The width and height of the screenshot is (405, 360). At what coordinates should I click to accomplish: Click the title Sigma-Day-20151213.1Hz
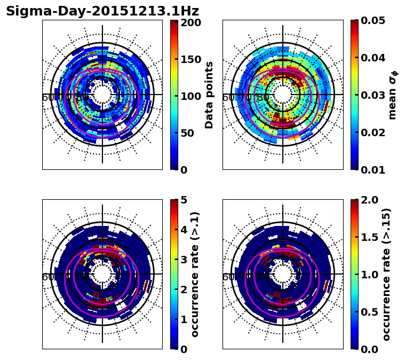point(102,11)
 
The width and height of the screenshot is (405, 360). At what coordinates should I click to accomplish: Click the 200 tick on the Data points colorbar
point(190,22)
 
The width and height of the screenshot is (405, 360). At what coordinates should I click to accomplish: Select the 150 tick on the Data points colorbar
point(190,59)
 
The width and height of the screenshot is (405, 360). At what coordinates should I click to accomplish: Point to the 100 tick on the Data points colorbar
point(190,96)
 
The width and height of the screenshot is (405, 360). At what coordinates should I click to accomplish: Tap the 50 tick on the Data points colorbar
point(187,133)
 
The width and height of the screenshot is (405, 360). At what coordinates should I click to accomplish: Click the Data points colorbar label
point(209,95)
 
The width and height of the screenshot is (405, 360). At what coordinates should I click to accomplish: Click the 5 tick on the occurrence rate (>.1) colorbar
point(184,200)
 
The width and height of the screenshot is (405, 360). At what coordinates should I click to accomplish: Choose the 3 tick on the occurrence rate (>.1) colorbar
point(184,260)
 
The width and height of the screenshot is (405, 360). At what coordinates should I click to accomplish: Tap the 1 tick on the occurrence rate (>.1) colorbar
point(184,319)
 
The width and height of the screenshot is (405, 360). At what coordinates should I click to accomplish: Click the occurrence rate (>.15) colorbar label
point(386,275)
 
